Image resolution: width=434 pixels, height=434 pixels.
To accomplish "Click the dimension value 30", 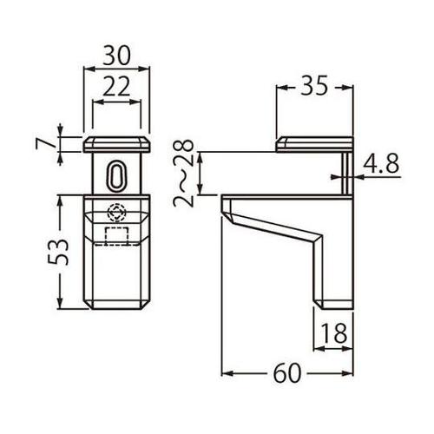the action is pyautogui.click(x=116, y=55).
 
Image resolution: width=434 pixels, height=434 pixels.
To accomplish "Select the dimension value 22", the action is pyautogui.click(x=116, y=87).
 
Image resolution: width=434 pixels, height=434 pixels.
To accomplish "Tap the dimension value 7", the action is pyautogui.click(x=44, y=143).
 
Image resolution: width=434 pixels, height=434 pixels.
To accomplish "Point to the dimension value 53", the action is pyautogui.click(x=58, y=252).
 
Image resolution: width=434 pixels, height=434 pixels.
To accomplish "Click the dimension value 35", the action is pyautogui.click(x=314, y=85).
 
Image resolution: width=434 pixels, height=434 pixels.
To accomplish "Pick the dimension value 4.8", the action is pyautogui.click(x=381, y=163).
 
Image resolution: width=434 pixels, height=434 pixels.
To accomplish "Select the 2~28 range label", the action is pyautogui.click(x=183, y=173).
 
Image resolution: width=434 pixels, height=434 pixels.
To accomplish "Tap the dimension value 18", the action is pyautogui.click(x=333, y=332).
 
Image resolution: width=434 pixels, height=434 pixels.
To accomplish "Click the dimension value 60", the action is pyautogui.click(x=287, y=373).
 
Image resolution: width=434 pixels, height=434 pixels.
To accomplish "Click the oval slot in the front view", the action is pyautogui.click(x=116, y=175).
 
